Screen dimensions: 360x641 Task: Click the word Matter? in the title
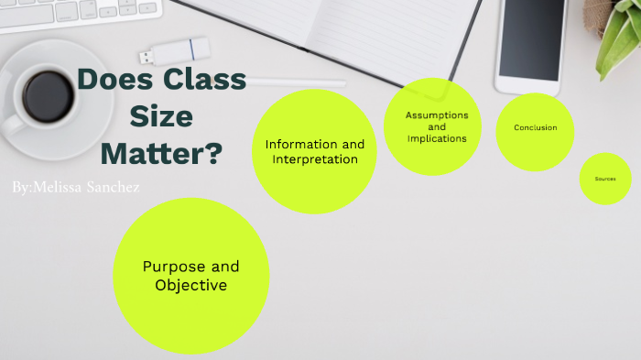coord(161,151)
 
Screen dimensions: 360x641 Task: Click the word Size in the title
coord(161,116)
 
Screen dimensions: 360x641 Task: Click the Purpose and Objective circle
coord(190,276)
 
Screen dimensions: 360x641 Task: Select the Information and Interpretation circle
coord(314,151)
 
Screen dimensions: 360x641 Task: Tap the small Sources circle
coord(605,179)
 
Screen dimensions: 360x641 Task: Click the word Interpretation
coord(314,159)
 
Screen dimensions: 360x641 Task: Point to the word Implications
coord(437,138)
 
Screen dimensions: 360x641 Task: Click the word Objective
coord(190,286)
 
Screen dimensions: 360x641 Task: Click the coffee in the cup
coord(48,91)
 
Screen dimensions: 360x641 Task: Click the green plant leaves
coord(618,46)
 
